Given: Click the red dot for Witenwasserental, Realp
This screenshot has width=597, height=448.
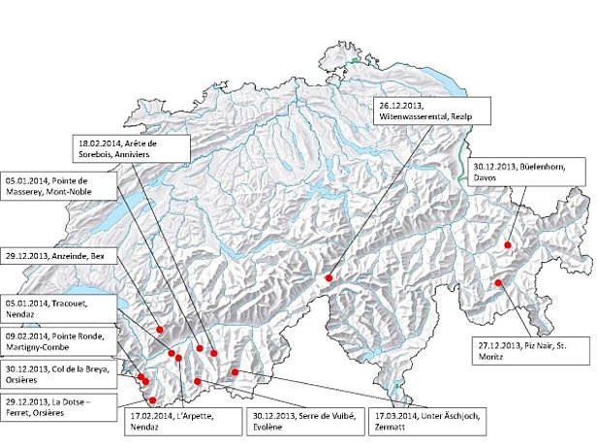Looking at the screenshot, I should (329, 278).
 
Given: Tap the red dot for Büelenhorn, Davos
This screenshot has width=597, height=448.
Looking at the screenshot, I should (507, 246).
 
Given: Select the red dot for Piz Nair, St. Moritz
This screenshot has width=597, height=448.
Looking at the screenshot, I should (498, 283).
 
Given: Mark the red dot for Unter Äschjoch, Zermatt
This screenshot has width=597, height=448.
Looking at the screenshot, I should (235, 371).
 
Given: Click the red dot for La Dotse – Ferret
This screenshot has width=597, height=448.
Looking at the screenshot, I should (152, 400).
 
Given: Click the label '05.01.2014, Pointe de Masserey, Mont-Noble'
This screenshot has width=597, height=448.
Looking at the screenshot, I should (47, 185).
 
